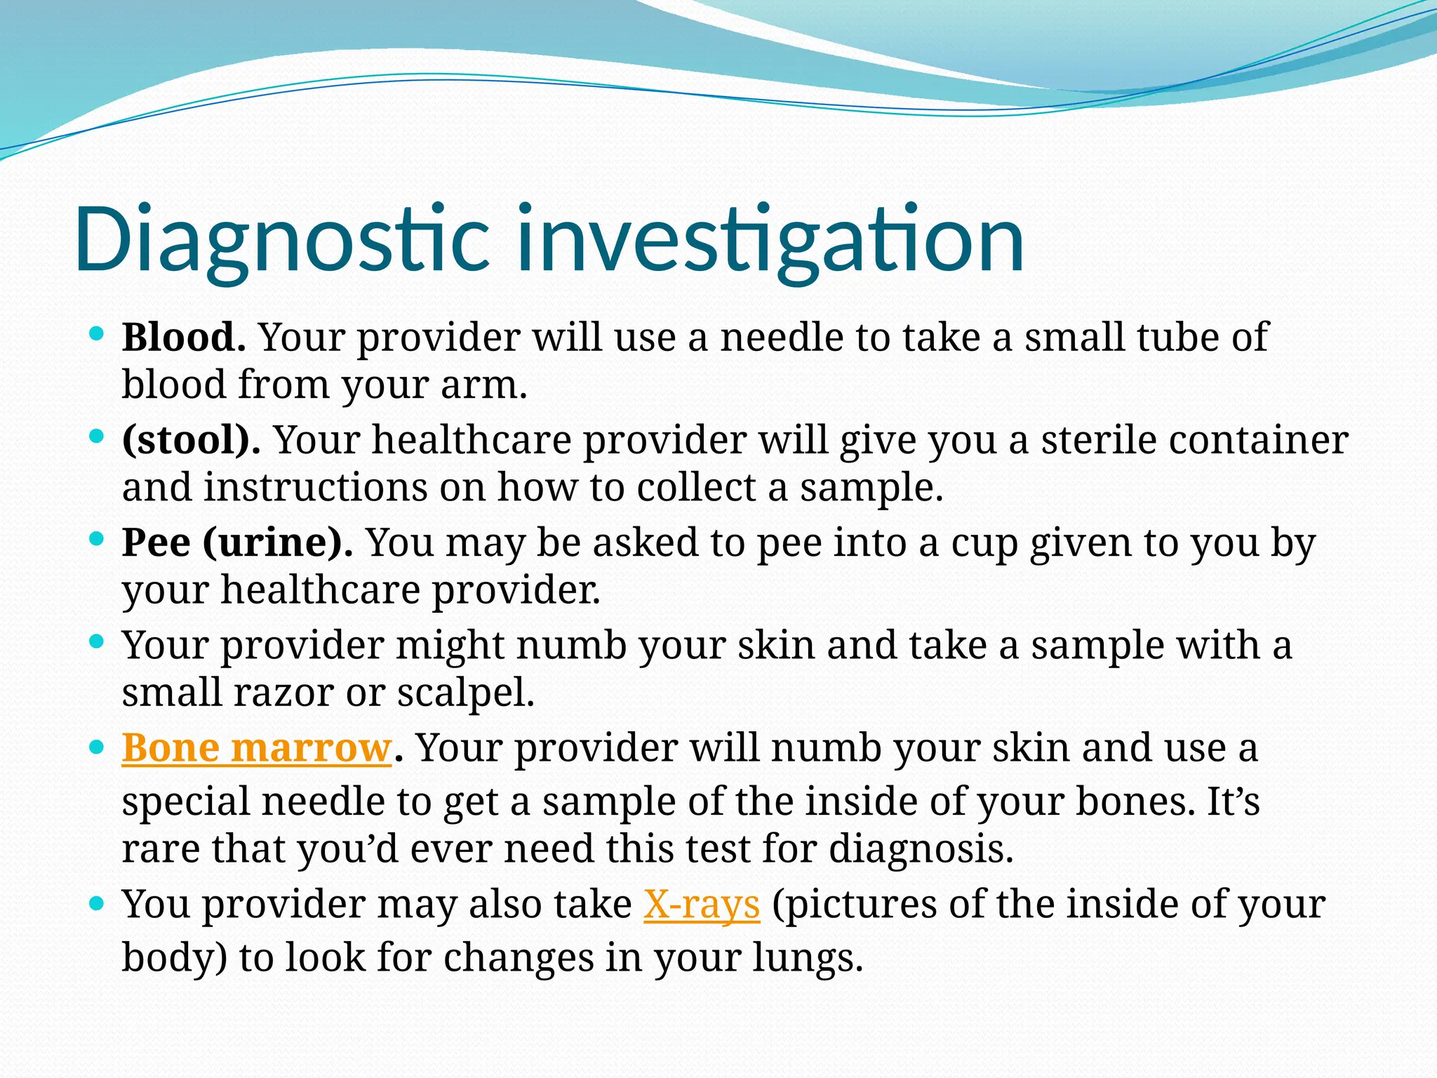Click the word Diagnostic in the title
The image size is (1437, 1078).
pyautogui.click(x=281, y=239)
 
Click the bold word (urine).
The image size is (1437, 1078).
pyautogui.click(x=278, y=543)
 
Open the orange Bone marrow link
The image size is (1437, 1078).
pyautogui.click(x=256, y=748)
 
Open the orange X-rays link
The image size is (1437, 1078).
pyautogui.click(x=702, y=905)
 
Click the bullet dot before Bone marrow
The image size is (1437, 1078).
pyautogui.click(x=97, y=747)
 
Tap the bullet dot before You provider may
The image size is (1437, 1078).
pyautogui.click(x=97, y=903)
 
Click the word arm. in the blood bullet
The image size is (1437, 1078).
pyautogui.click(x=483, y=385)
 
